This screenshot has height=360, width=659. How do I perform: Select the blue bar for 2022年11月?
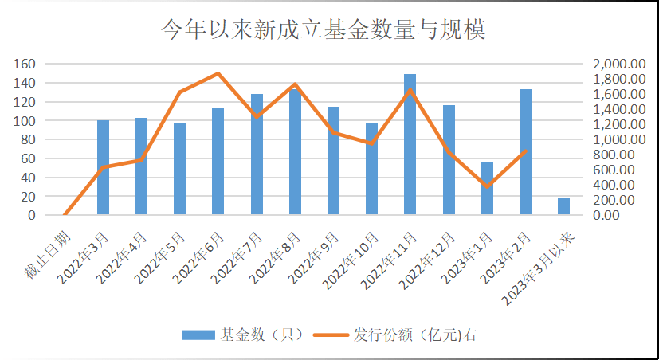point(410,145)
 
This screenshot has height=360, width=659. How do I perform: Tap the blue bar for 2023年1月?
point(487,189)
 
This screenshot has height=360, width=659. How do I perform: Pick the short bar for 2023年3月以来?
point(563,206)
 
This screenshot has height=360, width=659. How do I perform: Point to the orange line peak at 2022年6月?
point(218,73)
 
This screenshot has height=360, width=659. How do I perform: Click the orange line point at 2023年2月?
point(525,151)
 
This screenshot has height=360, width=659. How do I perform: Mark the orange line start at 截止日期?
point(65,214)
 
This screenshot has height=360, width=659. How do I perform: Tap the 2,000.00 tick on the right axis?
point(618,64)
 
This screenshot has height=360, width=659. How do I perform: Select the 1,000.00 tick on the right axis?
point(618,139)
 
